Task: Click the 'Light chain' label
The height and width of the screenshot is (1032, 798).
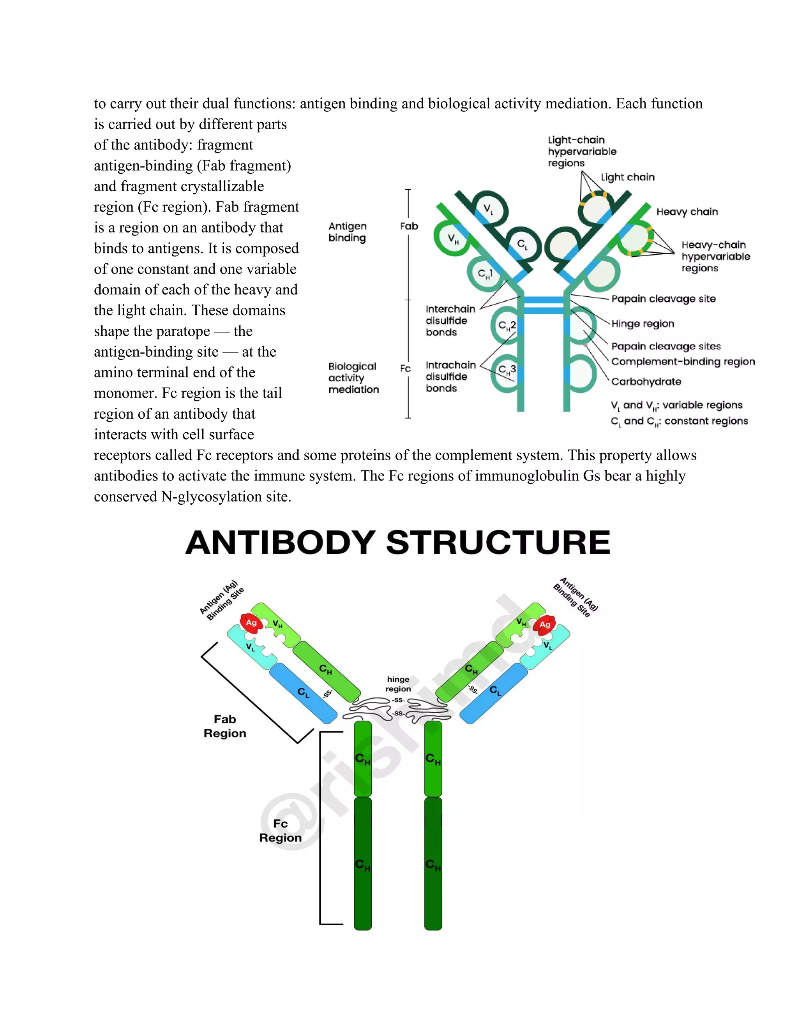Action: coord(627,177)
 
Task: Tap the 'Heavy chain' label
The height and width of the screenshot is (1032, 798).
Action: coord(687,212)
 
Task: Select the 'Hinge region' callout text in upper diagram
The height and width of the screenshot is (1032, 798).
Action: coord(643,324)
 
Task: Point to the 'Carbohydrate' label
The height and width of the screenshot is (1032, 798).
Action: coord(646,381)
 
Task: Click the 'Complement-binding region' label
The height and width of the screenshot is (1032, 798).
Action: coord(683,361)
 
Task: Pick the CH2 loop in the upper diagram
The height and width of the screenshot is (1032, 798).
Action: coord(507,326)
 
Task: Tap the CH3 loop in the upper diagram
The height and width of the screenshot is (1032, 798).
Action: coord(507,370)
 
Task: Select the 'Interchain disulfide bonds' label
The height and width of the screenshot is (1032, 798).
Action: coord(450,321)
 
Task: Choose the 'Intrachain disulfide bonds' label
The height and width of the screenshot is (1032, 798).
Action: coord(450,377)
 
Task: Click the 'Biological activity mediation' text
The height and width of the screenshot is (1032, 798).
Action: coord(353,378)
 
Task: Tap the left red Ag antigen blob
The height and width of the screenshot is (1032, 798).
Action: coord(251,623)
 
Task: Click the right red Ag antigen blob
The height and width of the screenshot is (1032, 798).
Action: coord(545,624)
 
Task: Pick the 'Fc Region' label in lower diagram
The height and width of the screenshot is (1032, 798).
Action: coord(280,831)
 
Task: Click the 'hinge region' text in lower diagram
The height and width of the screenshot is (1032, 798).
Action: coord(398,684)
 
